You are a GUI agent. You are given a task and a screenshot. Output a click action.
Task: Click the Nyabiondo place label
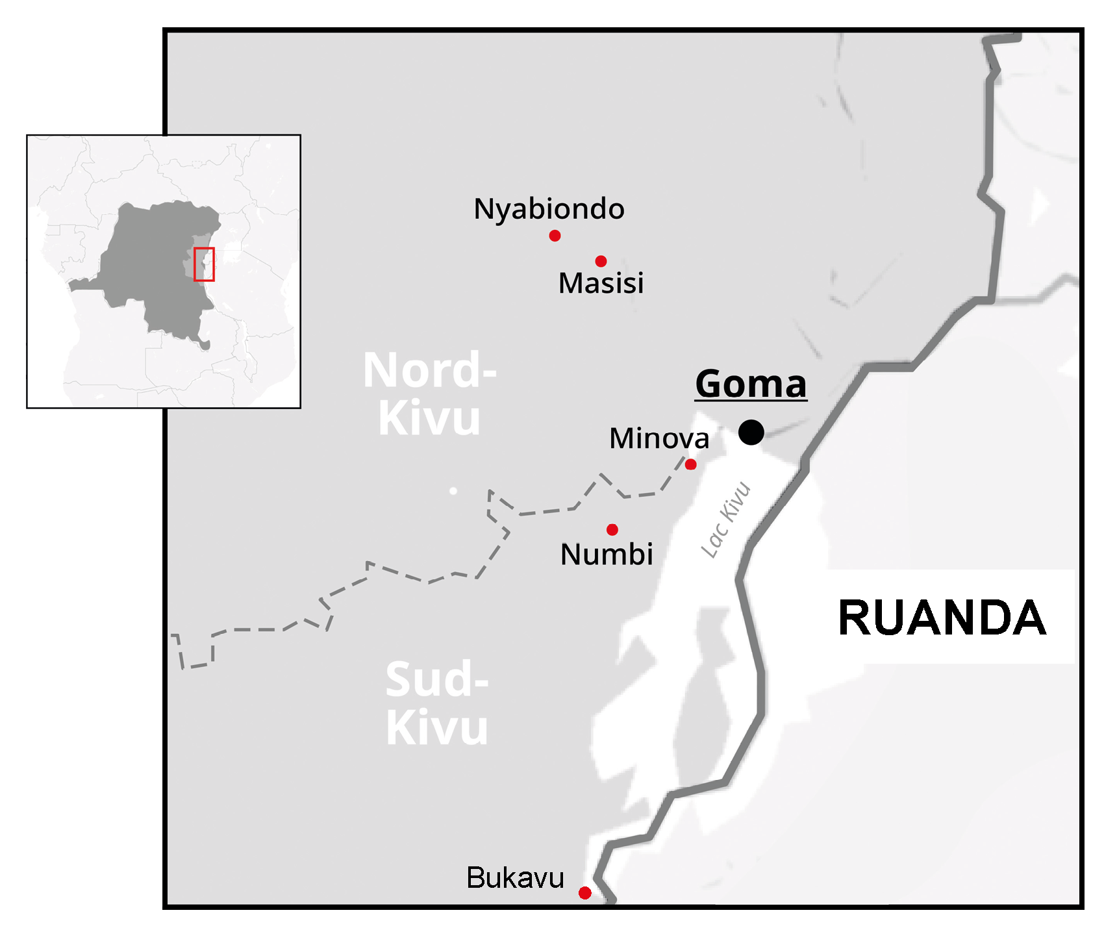(549, 209)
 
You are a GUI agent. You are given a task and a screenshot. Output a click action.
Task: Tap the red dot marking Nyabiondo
(555, 236)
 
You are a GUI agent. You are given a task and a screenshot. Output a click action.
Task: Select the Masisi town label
(601, 283)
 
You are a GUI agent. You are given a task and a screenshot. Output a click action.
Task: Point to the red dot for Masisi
(601, 261)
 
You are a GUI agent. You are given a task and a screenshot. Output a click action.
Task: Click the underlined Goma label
(751, 384)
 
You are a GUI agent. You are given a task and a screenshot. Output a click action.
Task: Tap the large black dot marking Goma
(751, 432)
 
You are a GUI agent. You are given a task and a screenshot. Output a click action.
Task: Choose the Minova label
(659, 438)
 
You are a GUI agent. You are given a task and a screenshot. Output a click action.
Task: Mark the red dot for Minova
(690, 464)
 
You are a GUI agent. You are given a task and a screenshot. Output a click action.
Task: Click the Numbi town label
(607, 554)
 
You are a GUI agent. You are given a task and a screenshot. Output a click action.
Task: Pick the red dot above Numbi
(612, 530)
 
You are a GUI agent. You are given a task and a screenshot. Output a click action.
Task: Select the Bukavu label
(515, 878)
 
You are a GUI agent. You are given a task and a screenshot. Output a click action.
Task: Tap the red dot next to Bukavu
(584, 893)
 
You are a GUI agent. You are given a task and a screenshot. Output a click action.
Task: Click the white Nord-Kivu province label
(429, 394)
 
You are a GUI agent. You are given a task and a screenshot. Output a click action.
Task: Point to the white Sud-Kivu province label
(436, 703)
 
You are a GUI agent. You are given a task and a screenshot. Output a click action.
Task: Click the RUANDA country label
(942, 618)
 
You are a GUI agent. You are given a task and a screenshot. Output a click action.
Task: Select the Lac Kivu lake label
(726, 520)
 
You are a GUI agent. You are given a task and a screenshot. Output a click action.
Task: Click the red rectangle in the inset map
(204, 264)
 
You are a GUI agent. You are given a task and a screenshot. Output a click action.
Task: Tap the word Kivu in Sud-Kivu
(436, 728)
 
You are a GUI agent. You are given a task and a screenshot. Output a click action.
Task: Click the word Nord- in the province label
(429, 370)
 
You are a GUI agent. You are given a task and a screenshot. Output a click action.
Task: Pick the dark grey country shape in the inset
(149, 260)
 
